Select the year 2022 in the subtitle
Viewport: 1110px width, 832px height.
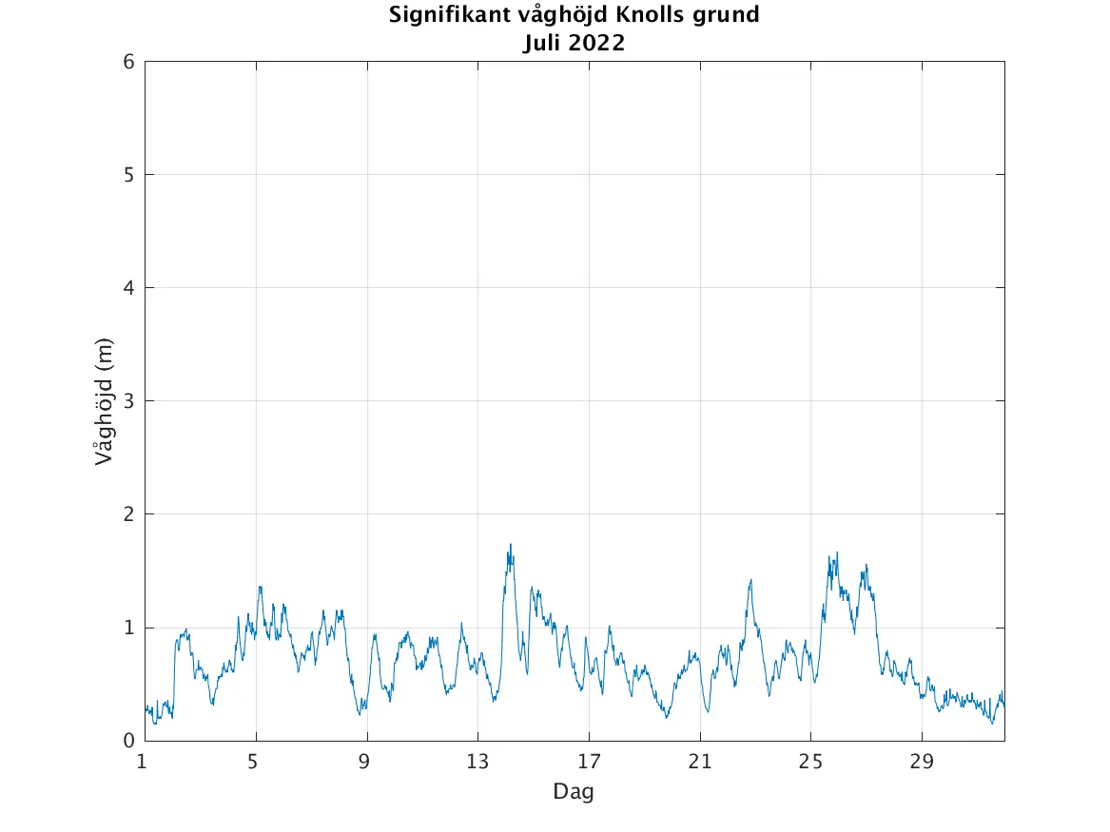[x=597, y=42]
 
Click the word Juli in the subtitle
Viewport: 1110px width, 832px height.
[x=542, y=42]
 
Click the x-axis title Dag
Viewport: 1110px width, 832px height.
[x=574, y=791]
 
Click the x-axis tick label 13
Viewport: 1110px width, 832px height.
[x=477, y=762]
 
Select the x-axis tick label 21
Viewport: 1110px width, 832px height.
[x=700, y=762]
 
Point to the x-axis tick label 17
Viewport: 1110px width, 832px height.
[x=589, y=762]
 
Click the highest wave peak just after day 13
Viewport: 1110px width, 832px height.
[x=510, y=545]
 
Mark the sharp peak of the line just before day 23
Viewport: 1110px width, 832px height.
[x=750, y=580]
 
